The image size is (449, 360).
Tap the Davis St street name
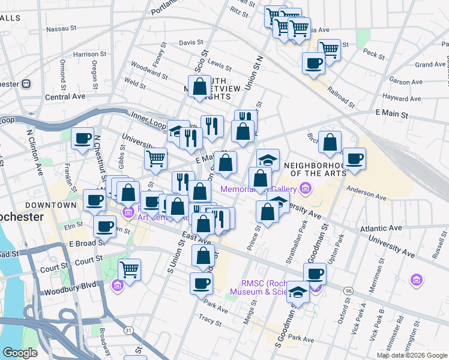[x=191, y=43]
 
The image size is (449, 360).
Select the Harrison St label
[x=89, y=54]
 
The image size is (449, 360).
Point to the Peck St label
[x=373, y=55]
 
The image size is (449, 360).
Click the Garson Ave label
[x=403, y=81]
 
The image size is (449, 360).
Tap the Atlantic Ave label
[x=381, y=229]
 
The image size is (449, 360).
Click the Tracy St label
[x=210, y=321]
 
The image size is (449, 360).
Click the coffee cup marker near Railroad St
[x=313, y=62]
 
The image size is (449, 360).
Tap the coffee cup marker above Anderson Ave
[x=354, y=158]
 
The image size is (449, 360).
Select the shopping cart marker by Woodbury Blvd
[x=129, y=268]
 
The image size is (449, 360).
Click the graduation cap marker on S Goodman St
[x=297, y=292]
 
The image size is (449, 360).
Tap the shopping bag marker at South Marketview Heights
[x=199, y=86]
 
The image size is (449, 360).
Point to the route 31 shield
[x=128, y=330]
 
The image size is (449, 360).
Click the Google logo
[x=20, y=353]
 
